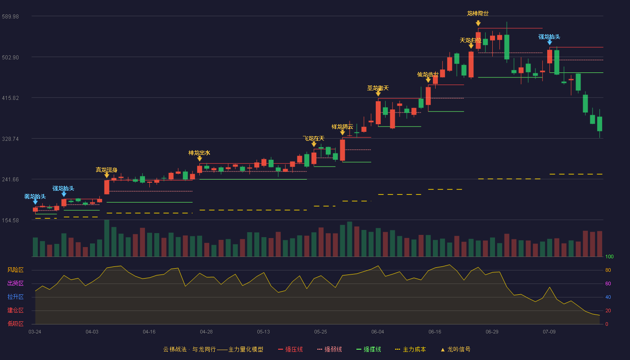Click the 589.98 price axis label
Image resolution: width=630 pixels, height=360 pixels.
(10, 17)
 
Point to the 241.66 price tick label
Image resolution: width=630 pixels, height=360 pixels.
(10, 180)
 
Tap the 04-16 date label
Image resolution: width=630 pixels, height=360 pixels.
(149, 332)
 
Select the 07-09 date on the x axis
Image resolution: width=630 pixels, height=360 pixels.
(549, 332)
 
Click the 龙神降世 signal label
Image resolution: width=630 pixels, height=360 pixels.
(478, 13)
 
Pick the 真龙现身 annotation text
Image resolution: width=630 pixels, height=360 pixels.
(107, 170)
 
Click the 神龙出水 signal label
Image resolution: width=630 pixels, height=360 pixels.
(199, 153)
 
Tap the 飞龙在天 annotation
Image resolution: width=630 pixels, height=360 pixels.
(314, 139)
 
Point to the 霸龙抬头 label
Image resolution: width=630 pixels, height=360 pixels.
(35, 197)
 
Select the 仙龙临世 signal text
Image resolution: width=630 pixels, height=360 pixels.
(428, 75)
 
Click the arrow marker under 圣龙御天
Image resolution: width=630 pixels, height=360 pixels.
(378, 94)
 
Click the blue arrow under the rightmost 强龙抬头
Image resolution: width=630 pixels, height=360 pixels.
(549, 42)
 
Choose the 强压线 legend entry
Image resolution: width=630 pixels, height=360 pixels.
(290, 349)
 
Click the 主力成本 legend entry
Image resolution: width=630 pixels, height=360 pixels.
(410, 349)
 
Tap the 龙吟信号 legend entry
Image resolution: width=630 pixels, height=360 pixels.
(455, 349)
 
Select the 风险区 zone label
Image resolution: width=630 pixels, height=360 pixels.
(15, 270)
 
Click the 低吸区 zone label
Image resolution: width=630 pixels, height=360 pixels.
(15, 324)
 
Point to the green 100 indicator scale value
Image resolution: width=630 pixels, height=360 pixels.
(609, 256)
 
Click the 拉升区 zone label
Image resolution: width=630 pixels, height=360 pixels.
(15, 297)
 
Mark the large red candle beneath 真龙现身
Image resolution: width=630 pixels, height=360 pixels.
(107, 187)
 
